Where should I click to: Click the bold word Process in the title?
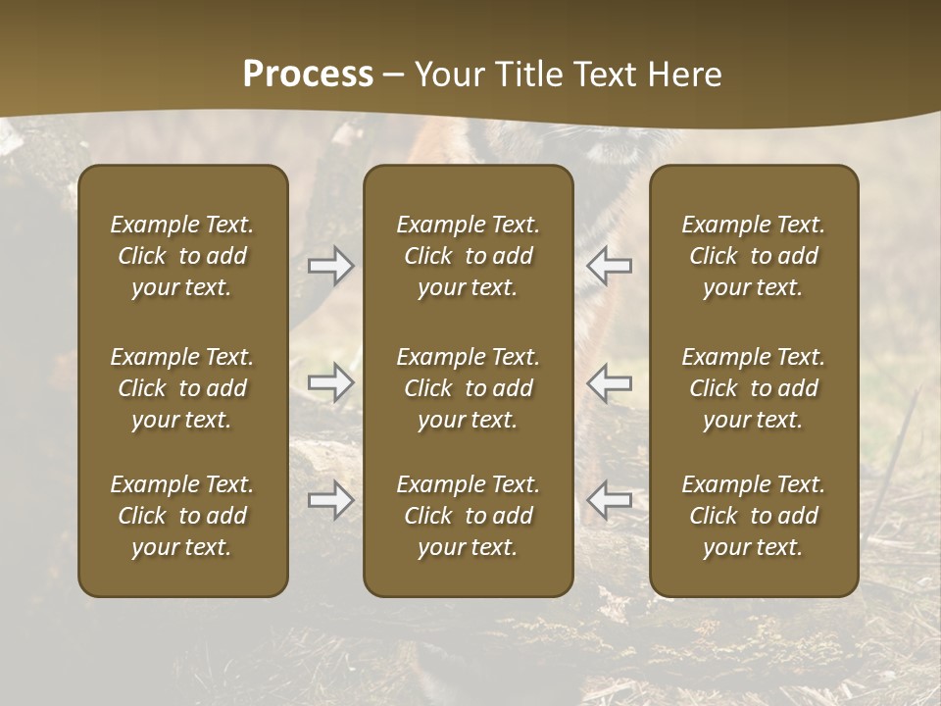coord(308,75)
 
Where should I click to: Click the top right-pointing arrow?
coord(330,266)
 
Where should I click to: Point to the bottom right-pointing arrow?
coord(330,500)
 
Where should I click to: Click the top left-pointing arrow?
coord(609,266)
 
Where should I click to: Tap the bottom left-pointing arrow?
coord(609,500)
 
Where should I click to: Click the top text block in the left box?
coord(182,256)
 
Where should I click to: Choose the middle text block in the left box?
coord(182,388)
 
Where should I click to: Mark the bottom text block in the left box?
coord(182,516)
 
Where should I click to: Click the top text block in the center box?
coord(469,256)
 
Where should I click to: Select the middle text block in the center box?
coord(469,388)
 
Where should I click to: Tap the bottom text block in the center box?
coord(469,516)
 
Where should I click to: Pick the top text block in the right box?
coord(754,256)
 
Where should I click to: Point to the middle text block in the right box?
coord(754,388)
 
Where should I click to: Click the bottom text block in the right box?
coord(754,516)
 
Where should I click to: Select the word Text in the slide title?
coord(608,75)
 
